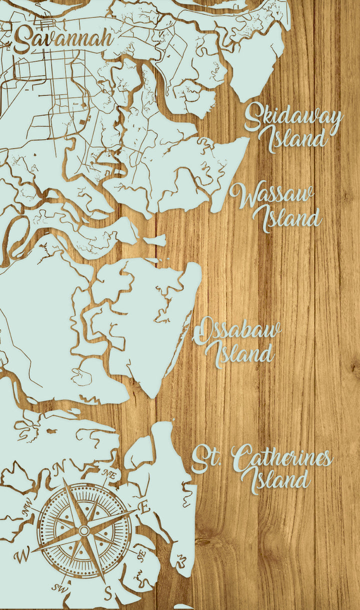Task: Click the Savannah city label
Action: [x=62, y=39]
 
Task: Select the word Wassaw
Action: [x=271, y=196]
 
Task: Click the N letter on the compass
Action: [x=60, y=467]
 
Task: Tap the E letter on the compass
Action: [x=144, y=507]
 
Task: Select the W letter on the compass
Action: [x=21, y=555]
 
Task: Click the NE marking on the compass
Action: [x=108, y=474]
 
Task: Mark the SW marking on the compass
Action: [x=64, y=585]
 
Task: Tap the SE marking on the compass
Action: [x=141, y=553]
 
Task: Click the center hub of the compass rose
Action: [x=84, y=530]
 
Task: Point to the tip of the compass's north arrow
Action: [x=63, y=478]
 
